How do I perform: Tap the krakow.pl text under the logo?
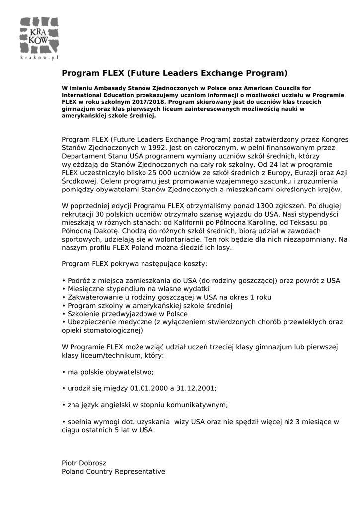tap(39, 58)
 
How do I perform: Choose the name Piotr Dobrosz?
tap(84, 463)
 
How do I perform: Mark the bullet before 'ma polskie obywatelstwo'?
tap(64, 372)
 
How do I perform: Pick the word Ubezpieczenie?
tap(93, 322)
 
